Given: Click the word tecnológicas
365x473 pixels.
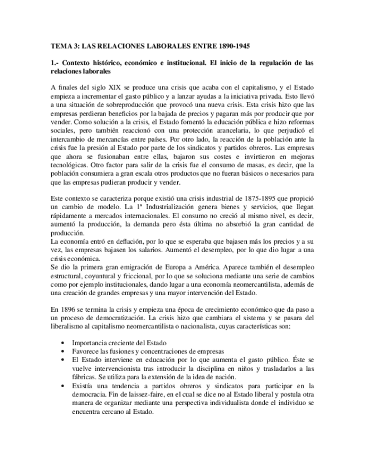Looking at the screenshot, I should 69,165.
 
